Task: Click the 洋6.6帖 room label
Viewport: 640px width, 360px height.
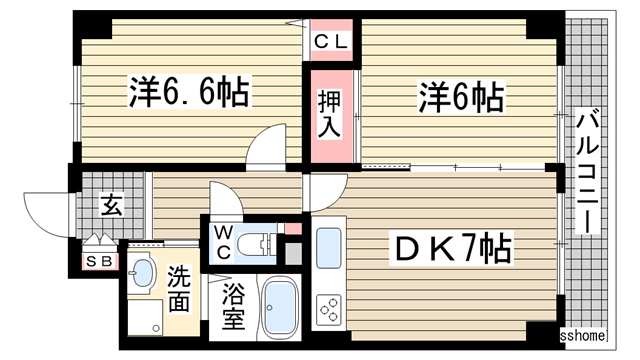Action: pos(187,94)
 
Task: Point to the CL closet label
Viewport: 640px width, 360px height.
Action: pos(331,42)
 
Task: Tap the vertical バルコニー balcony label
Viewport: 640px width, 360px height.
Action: pos(587,176)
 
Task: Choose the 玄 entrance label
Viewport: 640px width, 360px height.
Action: pos(110,208)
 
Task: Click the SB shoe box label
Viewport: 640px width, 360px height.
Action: pos(96,262)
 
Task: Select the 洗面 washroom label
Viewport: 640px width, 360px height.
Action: pos(179,287)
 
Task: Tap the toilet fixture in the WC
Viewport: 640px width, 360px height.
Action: pos(261,241)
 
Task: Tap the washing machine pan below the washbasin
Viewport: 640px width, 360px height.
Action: pos(144,320)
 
